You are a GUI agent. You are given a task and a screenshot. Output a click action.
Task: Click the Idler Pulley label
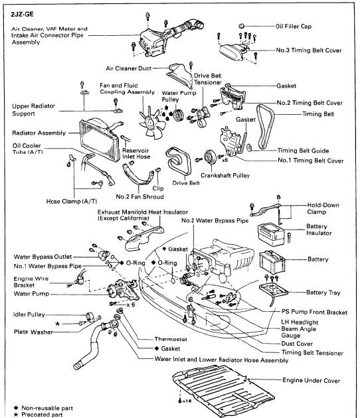point(28,314)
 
